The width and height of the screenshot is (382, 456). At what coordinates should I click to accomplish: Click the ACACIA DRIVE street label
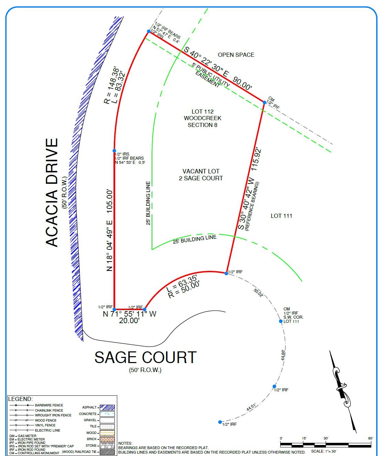click(52, 192)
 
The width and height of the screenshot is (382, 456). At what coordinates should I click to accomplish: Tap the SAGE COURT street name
click(145, 358)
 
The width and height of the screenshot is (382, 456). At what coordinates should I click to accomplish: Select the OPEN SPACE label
click(236, 55)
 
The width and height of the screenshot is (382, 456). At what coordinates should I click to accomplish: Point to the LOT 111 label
click(281, 216)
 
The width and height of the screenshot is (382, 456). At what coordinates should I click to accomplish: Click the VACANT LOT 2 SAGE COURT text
click(201, 175)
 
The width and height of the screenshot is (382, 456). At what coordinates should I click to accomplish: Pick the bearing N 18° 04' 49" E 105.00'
click(109, 230)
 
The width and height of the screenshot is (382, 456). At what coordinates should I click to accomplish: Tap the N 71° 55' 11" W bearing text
click(130, 314)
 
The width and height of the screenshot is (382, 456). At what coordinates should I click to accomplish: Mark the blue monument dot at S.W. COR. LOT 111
click(281, 321)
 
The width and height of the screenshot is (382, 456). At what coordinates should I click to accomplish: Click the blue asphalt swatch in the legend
click(107, 407)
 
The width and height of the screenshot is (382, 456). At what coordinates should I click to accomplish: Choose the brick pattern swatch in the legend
click(107, 439)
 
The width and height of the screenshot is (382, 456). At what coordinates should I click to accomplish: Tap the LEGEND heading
click(20, 399)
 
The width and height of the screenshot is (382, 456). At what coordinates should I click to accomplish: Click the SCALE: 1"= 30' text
click(324, 451)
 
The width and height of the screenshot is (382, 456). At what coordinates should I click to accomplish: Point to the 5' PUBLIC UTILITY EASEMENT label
click(209, 75)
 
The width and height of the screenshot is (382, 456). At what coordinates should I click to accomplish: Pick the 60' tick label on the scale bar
click(370, 438)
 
